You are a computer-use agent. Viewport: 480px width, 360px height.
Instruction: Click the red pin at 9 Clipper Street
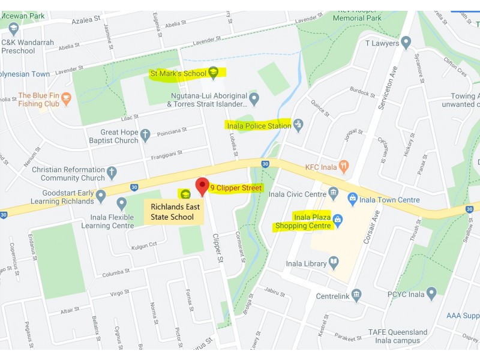pyautogui.click(x=202, y=186)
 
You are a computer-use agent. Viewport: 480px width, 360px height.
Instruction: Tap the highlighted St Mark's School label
pyautogui.click(x=179, y=73)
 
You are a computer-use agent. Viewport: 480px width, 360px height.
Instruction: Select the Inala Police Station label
pyautogui.click(x=258, y=126)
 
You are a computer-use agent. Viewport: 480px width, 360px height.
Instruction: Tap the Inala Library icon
pyautogui.click(x=333, y=263)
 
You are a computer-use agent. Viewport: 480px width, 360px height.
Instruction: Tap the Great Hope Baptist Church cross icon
pyautogui.click(x=145, y=136)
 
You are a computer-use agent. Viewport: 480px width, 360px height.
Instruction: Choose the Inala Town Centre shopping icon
pyautogui.click(x=353, y=197)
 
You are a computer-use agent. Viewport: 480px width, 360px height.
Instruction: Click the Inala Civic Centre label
pyautogui.click(x=298, y=194)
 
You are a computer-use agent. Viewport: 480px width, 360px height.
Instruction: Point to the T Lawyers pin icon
pyautogui.click(x=406, y=43)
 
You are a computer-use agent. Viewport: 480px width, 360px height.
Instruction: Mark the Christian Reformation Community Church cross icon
pyautogui.click(x=112, y=173)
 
